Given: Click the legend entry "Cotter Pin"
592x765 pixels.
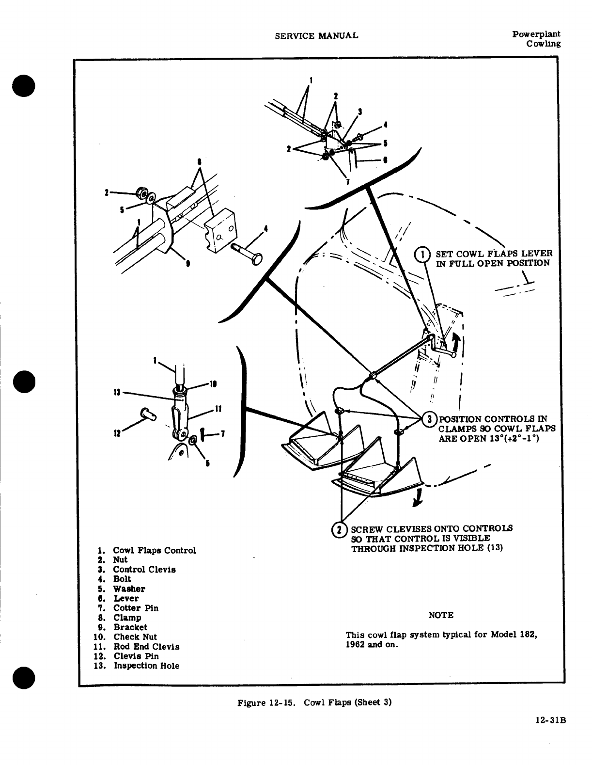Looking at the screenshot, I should click(136, 608).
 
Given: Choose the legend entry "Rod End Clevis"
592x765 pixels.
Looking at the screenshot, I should click(146, 647).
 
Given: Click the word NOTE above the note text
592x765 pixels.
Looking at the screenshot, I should click(441, 615).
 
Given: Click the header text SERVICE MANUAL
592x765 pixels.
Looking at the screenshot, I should click(316, 36).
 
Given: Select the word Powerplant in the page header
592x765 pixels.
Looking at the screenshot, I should click(536, 34).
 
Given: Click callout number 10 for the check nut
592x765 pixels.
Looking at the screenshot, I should click(212, 384).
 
